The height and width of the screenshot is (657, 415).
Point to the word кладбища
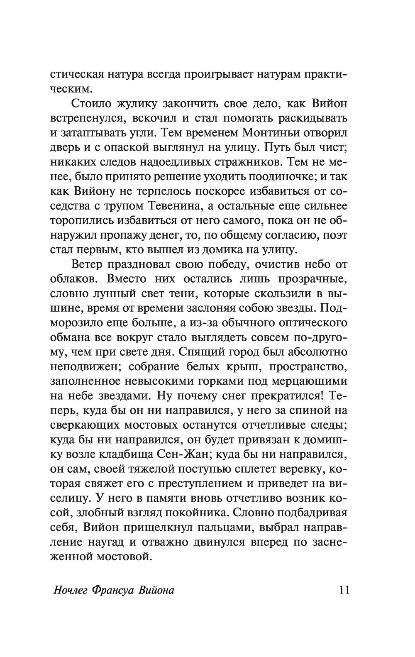[127, 454]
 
